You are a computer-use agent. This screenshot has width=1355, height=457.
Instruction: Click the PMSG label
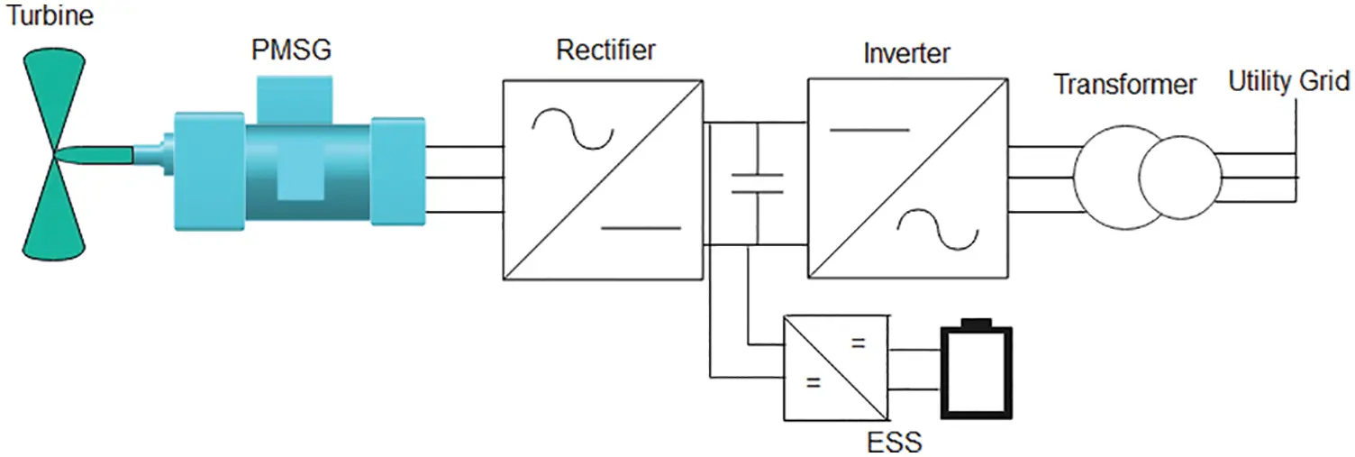(x=291, y=50)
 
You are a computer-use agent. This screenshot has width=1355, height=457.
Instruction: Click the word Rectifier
(x=605, y=50)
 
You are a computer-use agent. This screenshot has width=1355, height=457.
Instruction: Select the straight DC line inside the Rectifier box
(x=641, y=228)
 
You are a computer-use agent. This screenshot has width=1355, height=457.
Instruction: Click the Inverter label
(x=906, y=53)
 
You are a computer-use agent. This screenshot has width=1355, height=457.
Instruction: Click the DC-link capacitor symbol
(x=757, y=182)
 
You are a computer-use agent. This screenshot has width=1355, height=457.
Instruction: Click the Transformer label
(x=1125, y=85)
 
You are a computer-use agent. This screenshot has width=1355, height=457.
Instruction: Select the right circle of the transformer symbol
(x=1178, y=178)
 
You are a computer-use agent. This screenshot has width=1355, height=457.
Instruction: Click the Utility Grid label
(x=1288, y=81)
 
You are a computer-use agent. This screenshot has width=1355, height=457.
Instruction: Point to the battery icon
(x=977, y=370)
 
